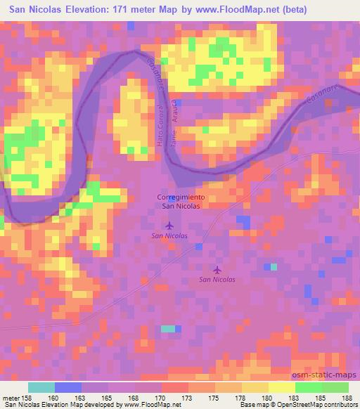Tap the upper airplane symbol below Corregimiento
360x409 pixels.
coord(169,226)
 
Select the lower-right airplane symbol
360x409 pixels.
coord(217,269)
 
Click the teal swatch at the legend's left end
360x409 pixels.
coord(41,387)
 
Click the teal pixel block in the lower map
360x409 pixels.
coord(168,328)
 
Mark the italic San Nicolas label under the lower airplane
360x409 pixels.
coord(217,280)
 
